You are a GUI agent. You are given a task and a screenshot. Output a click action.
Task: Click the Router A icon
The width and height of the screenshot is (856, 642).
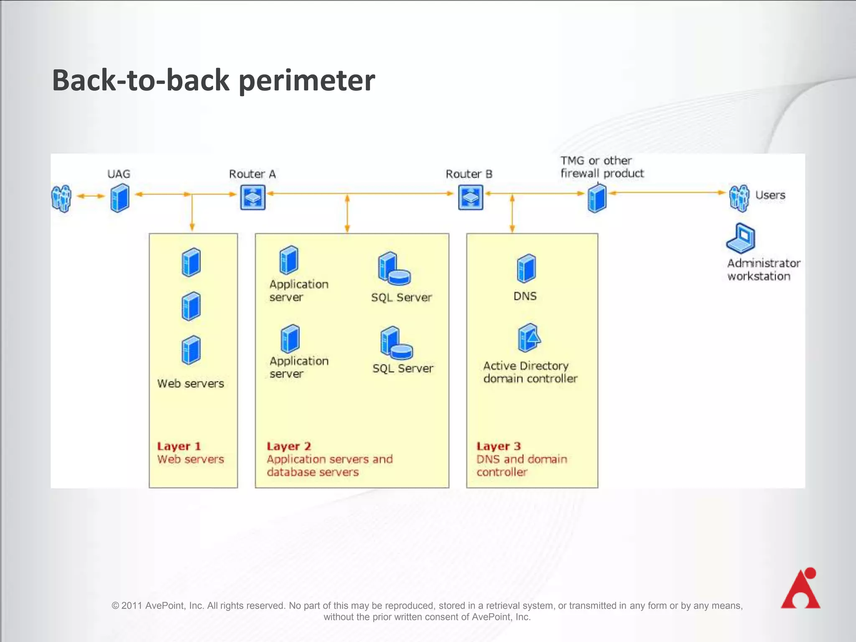pyautogui.click(x=252, y=197)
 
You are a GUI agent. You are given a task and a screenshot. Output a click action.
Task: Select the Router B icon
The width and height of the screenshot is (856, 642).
pyautogui.click(x=471, y=197)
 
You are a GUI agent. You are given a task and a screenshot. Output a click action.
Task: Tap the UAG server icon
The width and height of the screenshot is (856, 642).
pyautogui.click(x=120, y=199)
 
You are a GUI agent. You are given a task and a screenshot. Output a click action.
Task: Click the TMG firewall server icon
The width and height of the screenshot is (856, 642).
pyautogui.click(x=597, y=199)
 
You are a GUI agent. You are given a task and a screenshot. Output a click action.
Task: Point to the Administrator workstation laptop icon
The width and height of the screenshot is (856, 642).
pyautogui.click(x=741, y=239)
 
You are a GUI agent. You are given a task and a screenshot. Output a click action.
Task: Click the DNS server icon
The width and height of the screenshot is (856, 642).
pyautogui.click(x=526, y=268)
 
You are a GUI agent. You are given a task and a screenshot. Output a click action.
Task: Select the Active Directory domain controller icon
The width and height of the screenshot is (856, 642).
pyautogui.click(x=529, y=338)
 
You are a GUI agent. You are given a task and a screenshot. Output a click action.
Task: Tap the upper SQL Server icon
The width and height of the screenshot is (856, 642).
pyautogui.click(x=393, y=268)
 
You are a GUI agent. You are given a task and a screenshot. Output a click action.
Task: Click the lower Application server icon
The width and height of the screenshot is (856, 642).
pyautogui.click(x=290, y=339)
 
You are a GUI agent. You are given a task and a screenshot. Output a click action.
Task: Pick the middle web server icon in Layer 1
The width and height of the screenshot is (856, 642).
pyautogui.click(x=191, y=306)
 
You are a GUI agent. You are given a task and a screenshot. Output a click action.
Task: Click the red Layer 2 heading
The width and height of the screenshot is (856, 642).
pyautogui.click(x=289, y=446)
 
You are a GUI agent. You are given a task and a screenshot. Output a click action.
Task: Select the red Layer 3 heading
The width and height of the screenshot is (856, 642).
pyautogui.click(x=499, y=446)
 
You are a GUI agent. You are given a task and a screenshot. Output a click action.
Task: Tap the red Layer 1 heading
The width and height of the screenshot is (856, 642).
pyautogui.click(x=179, y=446)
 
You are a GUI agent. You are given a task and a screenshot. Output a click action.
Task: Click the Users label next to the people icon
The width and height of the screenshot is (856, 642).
pyautogui.click(x=770, y=195)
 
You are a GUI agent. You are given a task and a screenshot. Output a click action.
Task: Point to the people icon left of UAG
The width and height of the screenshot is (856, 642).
pyautogui.click(x=61, y=199)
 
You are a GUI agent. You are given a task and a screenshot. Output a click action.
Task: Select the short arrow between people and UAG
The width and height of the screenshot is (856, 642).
pyautogui.click(x=91, y=196)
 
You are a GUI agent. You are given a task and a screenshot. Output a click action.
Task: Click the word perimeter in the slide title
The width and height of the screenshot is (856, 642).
pyautogui.click(x=307, y=80)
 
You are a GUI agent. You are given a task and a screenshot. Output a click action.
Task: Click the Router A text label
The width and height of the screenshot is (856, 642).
pyautogui.click(x=252, y=174)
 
